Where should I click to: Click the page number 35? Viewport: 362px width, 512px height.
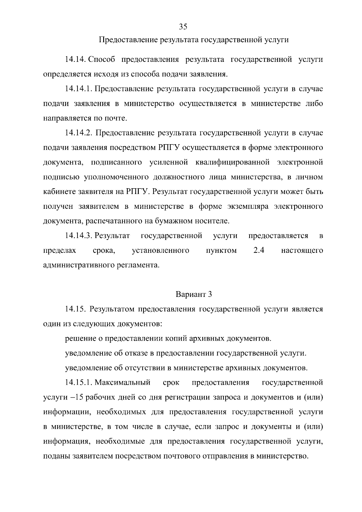click(183, 27)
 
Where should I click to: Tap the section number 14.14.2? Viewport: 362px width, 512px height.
click(78, 133)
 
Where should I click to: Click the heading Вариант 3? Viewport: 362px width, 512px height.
click(194, 294)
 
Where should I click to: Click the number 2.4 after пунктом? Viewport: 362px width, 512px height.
click(259, 250)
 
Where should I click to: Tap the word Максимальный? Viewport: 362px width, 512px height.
click(122, 383)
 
